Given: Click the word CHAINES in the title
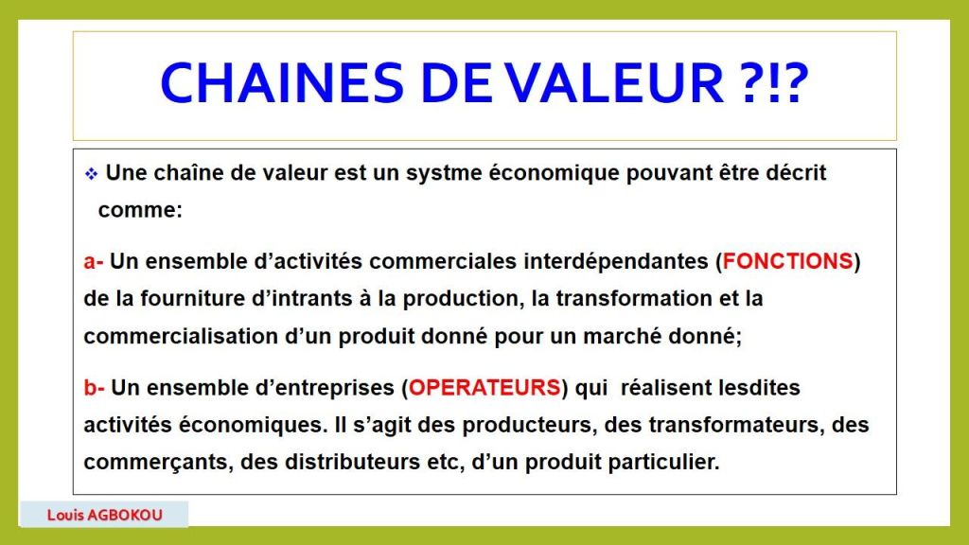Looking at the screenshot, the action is coord(282,83).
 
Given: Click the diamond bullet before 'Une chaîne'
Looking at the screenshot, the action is coord(92,174).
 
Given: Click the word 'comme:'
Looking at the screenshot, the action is coord(140,210).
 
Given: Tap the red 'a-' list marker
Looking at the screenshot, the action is coord(94,261).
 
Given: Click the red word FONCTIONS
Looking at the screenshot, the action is coord(788,261).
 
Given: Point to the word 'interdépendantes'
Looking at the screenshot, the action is coord(616,261).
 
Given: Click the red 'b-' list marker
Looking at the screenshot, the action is coord(94,388).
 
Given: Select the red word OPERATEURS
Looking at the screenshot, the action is coord(484,388).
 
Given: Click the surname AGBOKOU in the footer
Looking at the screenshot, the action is coord(125,515).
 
